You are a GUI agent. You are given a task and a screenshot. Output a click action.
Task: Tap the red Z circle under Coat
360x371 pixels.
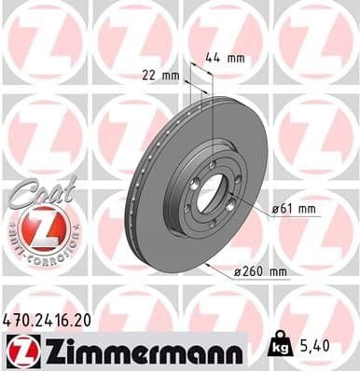coord(41,227)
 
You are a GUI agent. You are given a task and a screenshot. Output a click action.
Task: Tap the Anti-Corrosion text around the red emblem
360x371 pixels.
coord(41,250)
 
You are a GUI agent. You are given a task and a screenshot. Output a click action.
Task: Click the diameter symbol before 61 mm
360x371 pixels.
coord(275,209)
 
